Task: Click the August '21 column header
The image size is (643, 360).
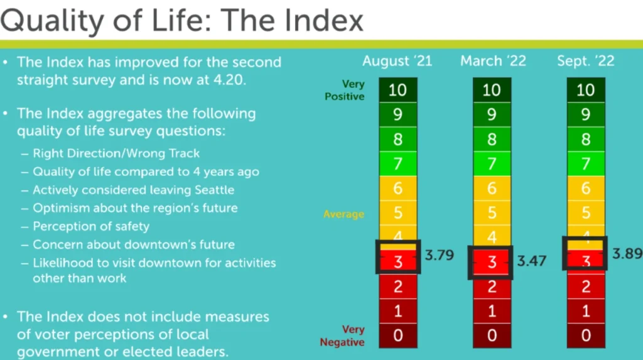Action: click(x=397, y=61)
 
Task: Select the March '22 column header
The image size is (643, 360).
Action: click(x=493, y=61)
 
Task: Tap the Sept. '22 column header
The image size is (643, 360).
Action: click(x=586, y=62)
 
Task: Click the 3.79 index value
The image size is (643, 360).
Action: click(x=439, y=255)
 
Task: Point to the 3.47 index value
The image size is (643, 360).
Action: click(x=531, y=261)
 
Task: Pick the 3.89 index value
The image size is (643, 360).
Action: click(x=627, y=254)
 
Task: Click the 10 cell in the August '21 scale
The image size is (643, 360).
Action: click(x=397, y=90)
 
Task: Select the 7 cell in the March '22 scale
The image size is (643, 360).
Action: click(x=492, y=164)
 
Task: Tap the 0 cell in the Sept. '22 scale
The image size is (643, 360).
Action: click(x=586, y=335)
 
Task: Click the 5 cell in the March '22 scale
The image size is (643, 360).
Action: click(x=492, y=212)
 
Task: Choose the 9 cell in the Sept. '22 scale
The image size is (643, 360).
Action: click(x=586, y=114)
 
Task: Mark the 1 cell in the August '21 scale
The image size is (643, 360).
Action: click(x=397, y=311)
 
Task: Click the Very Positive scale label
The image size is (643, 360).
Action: click(x=345, y=90)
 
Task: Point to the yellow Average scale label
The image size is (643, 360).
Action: click(x=343, y=214)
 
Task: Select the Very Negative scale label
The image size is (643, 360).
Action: click(x=342, y=335)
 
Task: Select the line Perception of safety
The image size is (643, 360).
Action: click(x=91, y=226)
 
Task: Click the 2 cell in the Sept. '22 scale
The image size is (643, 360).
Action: click(x=586, y=286)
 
